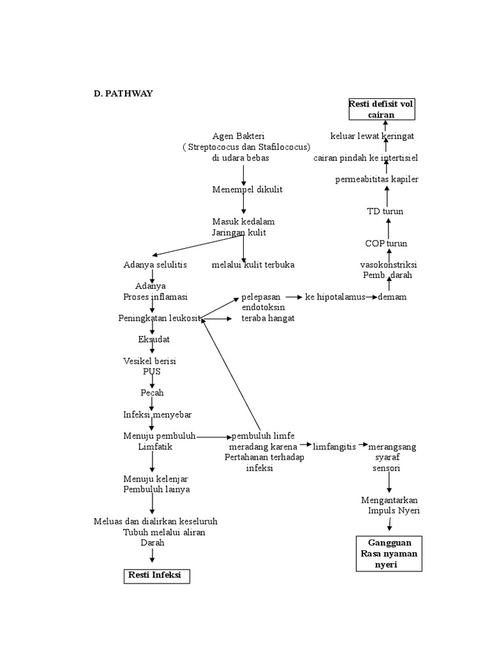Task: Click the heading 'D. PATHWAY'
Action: [123, 94]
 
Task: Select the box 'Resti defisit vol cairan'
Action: [382, 109]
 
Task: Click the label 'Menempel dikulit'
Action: [247, 189]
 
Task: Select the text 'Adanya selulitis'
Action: [155, 265]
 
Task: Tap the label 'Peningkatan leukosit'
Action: [160, 318]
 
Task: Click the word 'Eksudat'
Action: [154, 339]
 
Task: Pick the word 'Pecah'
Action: [152, 393]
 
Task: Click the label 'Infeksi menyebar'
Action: [157, 415]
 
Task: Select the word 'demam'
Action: [392, 297]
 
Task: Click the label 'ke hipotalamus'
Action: [335, 297]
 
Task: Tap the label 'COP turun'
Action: [386, 244]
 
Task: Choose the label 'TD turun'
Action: [385, 211]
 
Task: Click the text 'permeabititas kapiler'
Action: [376, 179]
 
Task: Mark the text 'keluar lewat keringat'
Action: [372, 136]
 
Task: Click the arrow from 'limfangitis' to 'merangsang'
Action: [363, 444]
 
